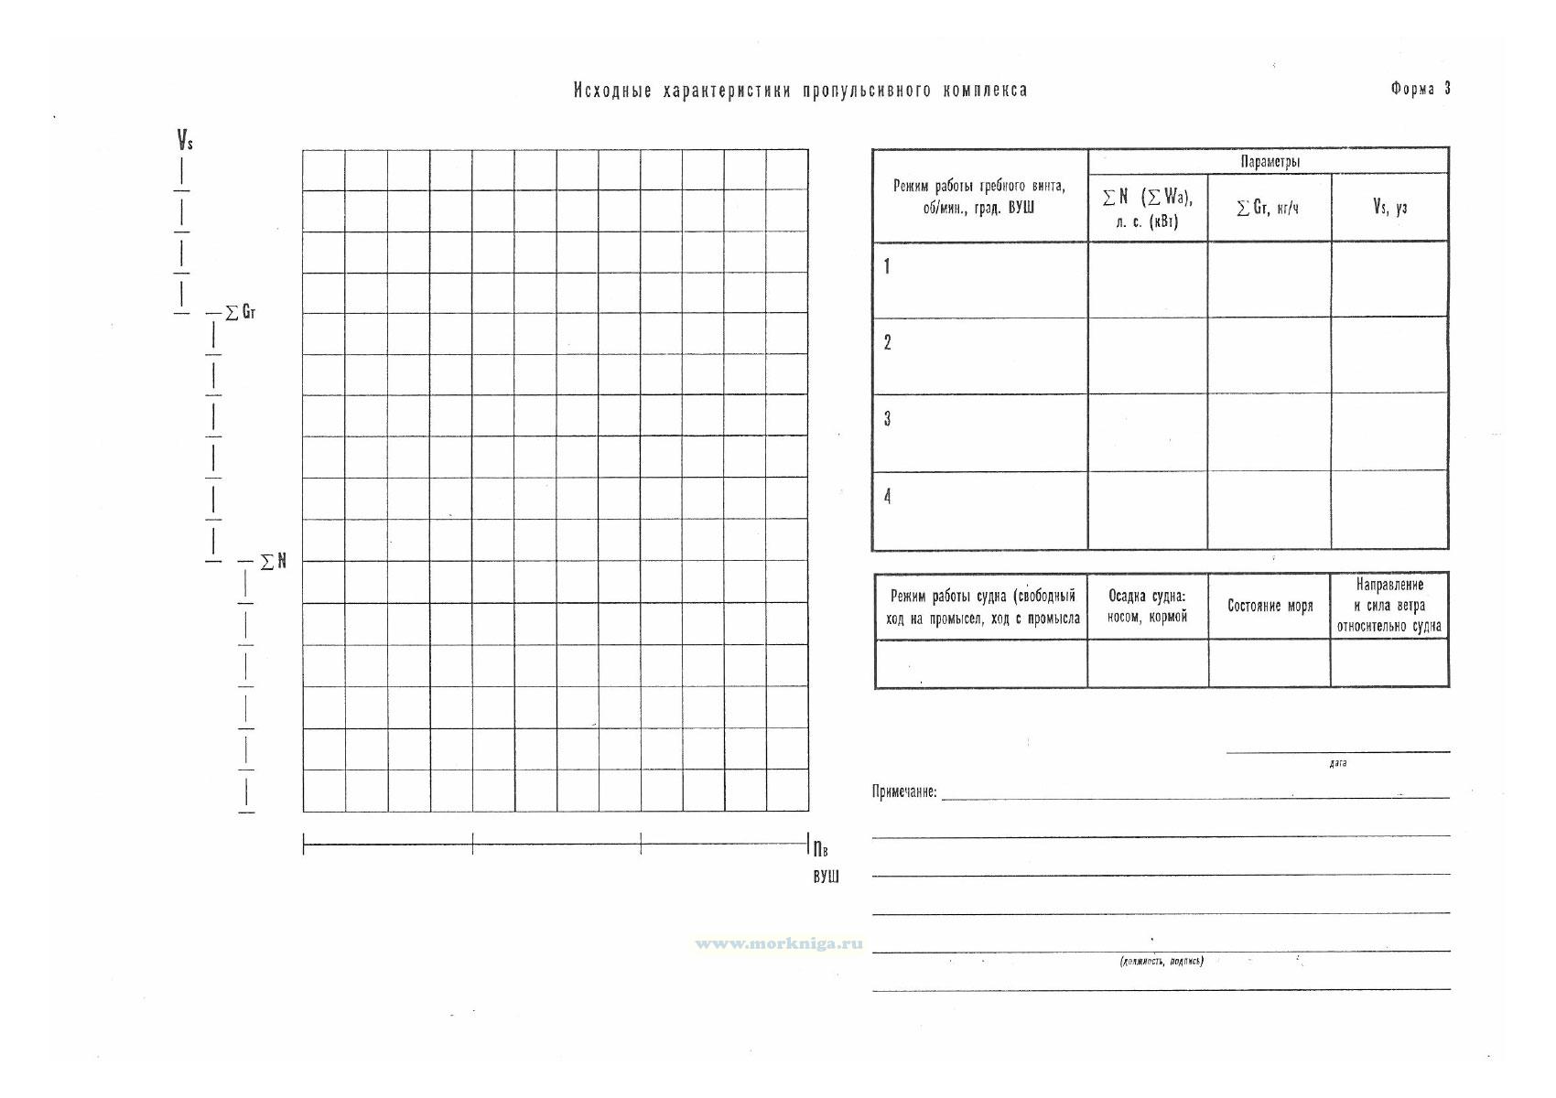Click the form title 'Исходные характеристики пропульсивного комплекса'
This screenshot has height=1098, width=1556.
(800, 90)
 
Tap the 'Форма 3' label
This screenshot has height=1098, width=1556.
(1420, 89)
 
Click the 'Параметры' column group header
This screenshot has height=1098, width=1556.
(1270, 162)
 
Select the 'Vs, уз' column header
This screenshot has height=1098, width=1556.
(1389, 207)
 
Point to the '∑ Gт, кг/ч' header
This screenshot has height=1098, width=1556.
(1268, 208)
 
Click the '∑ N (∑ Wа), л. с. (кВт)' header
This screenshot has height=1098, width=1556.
(1148, 208)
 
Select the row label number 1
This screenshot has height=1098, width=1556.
(887, 267)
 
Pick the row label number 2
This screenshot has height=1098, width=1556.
(887, 343)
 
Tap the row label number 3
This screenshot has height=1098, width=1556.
(887, 419)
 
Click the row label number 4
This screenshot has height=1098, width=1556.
(887, 496)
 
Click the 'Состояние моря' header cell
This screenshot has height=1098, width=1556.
(1270, 606)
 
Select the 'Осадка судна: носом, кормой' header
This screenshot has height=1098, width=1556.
(1147, 606)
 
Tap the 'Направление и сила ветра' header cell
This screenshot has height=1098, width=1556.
(1389, 605)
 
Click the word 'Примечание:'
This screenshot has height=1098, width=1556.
(904, 791)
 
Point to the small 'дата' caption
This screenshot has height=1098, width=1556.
(1337, 763)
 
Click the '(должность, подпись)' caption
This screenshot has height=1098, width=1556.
(1162, 961)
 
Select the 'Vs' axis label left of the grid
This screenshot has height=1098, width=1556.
(185, 141)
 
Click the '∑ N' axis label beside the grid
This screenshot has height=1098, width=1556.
(274, 561)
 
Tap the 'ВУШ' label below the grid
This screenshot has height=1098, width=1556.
(826, 877)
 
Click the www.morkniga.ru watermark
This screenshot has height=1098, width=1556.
(779, 943)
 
